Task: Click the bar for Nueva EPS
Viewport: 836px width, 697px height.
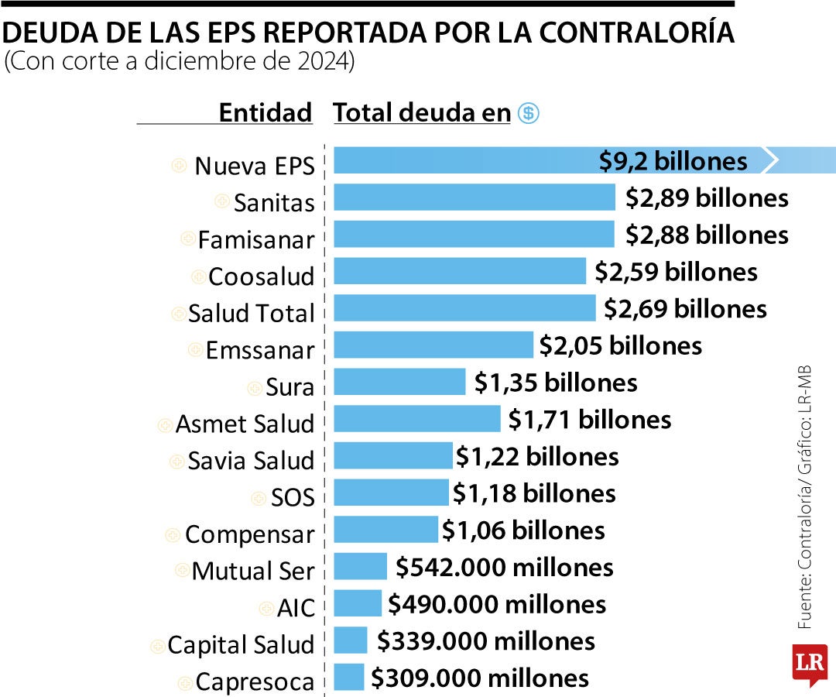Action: (x=464, y=160)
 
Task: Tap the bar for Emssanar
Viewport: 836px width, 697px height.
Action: (x=433, y=345)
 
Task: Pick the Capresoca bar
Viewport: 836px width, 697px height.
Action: (x=348, y=678)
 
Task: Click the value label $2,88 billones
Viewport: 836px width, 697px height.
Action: (x=707, y=235)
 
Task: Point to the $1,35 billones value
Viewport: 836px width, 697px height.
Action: (x=556, y=383)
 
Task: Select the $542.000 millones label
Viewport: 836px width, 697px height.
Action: (x=504, y=568)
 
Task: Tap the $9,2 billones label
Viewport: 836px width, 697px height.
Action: (x=673, y=161)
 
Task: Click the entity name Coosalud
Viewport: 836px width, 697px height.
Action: (x=262, y=276)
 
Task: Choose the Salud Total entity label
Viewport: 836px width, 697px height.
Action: (x=252, y=314)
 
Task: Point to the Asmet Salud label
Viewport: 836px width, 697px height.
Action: (x=245, y=424)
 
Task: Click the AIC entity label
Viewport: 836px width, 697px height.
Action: (x=296, y=609)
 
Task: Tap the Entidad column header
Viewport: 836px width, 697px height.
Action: (x=265, y=113)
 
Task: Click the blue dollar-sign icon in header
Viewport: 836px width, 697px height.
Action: (x=529, y=114)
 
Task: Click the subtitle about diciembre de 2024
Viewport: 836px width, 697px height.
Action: (x=180, y=62)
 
